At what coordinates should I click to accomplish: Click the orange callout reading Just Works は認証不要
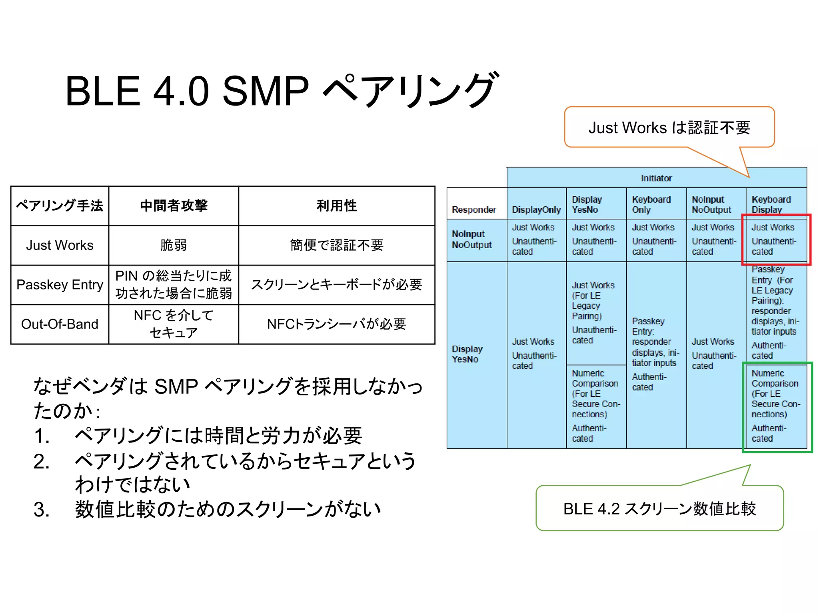coord(669,128)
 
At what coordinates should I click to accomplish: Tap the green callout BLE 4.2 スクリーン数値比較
coord(659,509)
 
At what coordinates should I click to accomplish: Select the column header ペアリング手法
coord(60,206)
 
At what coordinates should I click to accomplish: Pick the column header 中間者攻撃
coord(174,206)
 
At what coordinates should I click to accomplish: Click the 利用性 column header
coord(336,206)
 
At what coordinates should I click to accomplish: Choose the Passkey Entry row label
coord(60,285)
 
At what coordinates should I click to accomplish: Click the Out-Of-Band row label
coord(60,324)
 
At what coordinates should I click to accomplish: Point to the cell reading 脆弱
coord(174,245)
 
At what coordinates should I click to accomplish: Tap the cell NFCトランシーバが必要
coord(336,324)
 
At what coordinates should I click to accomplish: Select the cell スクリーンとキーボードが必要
coord(336,285)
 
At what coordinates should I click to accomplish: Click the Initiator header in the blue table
coord(656,178)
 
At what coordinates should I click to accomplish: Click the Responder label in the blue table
coord(474,209)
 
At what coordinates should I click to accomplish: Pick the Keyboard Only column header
coord(651,204)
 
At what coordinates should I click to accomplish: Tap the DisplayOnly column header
coord(536,209)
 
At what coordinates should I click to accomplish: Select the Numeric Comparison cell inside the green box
coord(775,405)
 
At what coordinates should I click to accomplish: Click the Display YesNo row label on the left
coord(467,354)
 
